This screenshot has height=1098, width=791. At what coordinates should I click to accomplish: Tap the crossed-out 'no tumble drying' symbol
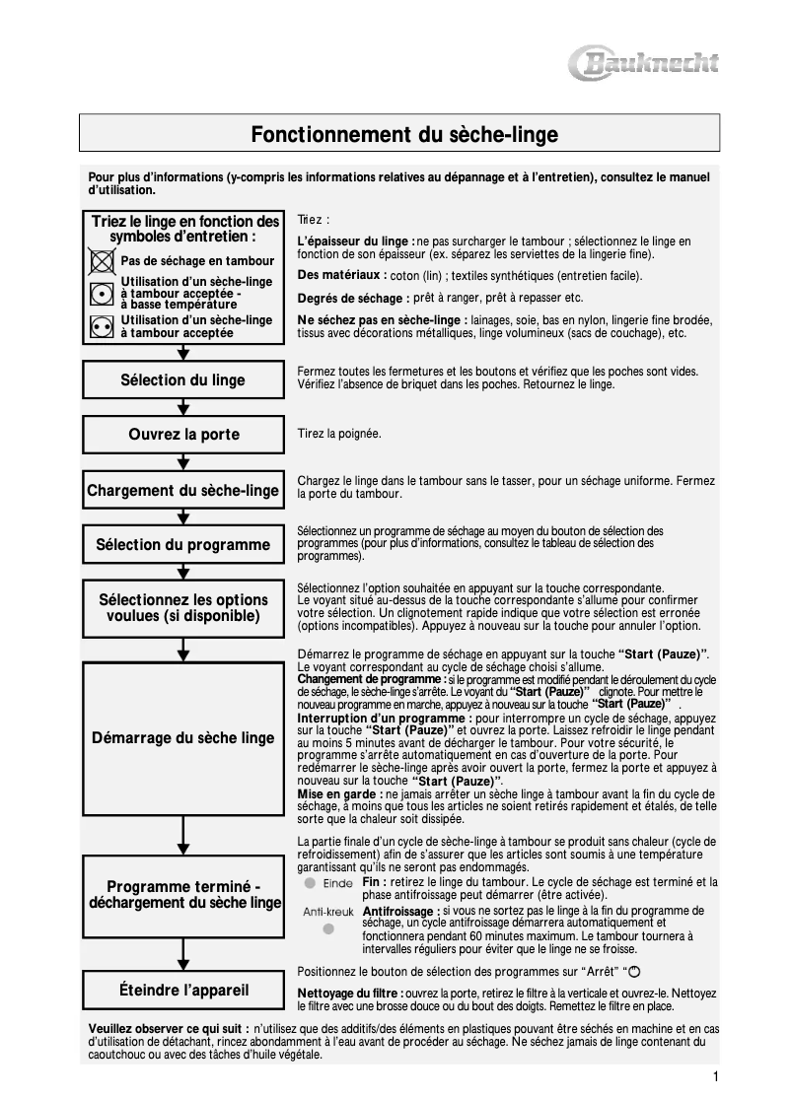click(x=101, y=261)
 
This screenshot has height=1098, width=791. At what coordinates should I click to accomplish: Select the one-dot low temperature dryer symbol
click(x=101, y=294)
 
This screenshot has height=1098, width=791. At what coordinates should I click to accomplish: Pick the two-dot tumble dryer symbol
click(x=101, y=327)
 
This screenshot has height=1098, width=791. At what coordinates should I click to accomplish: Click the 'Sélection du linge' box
click(x=182, y=380)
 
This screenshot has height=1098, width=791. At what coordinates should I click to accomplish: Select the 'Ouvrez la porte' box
click(x=182, y=435)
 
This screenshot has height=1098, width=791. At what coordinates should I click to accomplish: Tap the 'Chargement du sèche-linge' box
click(x=182, y=490)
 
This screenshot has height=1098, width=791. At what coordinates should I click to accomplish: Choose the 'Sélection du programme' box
click(x=182, y=544)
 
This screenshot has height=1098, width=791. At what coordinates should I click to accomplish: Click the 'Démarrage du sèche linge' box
click(x=182, y=737)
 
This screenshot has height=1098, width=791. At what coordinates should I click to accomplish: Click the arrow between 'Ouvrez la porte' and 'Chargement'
click(x=182, y=461)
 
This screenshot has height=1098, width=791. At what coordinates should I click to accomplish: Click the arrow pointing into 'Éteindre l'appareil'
click(x=182, y=953)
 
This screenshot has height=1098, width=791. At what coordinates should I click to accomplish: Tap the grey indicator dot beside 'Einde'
click(x=309, y=883)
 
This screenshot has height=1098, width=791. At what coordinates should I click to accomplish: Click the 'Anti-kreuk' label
click(x=328, y=912)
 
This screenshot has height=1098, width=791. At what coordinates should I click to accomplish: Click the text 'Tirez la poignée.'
click(x=339, y=434)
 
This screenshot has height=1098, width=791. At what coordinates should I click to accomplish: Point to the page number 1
click(x=715, y=1075)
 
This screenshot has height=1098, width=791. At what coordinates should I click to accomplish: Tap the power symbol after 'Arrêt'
click(x=620, y=972)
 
